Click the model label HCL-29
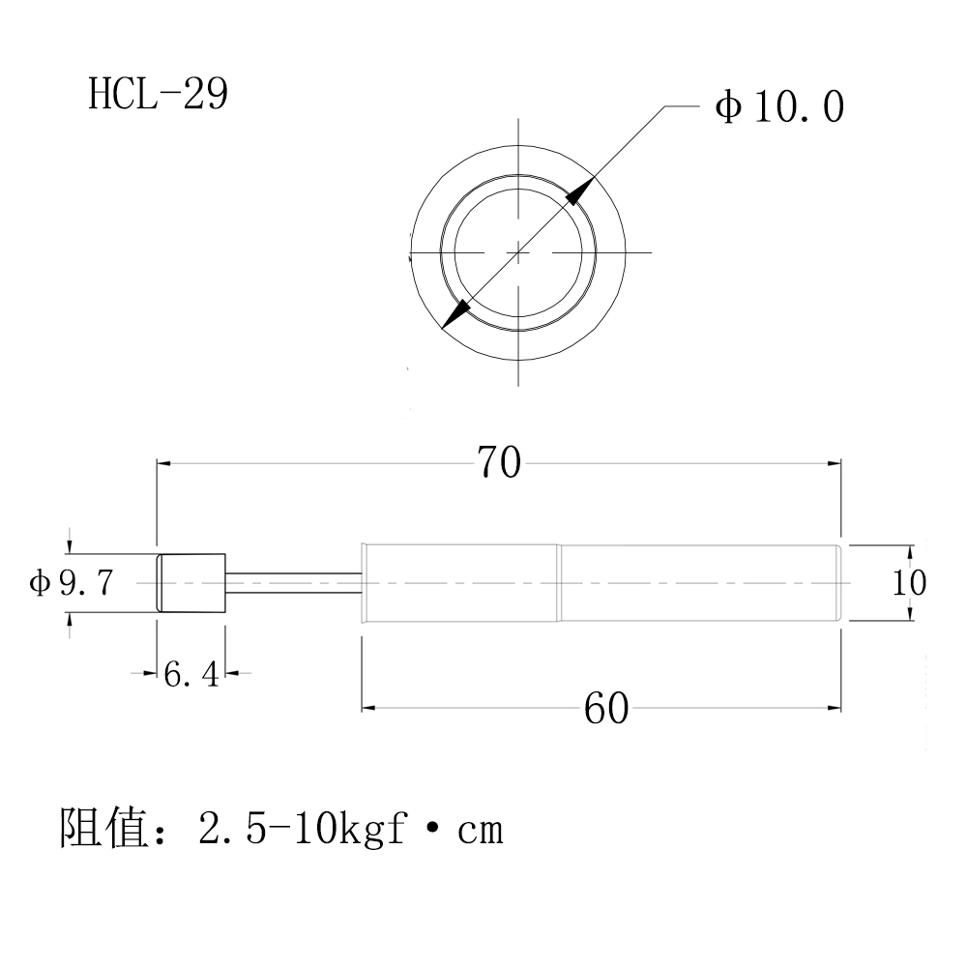pos(158,95)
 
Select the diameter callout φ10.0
pos(779,106)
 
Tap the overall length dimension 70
pos(499,464)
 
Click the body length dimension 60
pos(606,709)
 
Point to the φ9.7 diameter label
pos(73,583)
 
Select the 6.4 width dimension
pos(191,674)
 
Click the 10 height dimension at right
pos(910,583)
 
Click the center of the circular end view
pos(518,252)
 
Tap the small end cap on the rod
pos(191,582)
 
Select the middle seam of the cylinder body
pos(559,582)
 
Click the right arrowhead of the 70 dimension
pos(835,464)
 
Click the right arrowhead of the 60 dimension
pos(835,709)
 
